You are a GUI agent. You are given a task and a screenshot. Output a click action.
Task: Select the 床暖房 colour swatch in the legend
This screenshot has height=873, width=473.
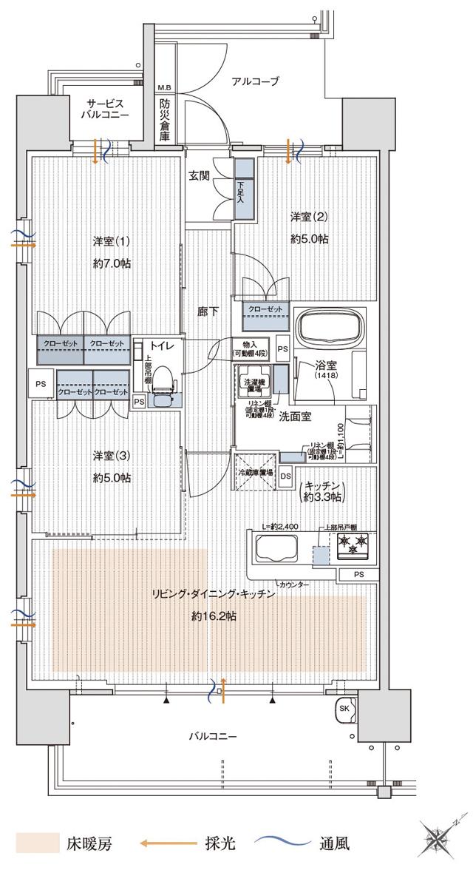37,843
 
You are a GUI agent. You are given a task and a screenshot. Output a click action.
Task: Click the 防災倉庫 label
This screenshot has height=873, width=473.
164,120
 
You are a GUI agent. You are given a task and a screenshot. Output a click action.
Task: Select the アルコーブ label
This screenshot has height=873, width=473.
255,81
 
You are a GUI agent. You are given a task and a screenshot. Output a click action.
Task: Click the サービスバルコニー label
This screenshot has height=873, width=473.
106,109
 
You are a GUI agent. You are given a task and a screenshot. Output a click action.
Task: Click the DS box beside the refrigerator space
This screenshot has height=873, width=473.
285,476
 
